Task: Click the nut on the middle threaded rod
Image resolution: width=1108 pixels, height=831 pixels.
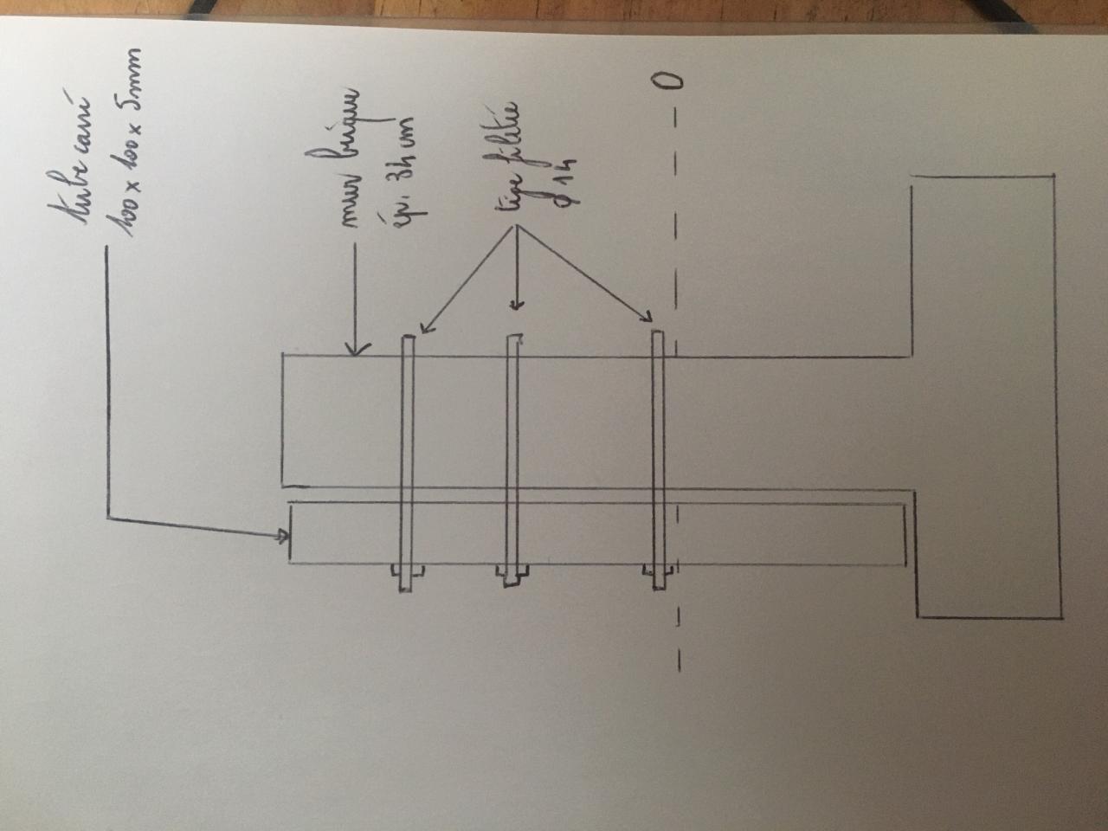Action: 512,572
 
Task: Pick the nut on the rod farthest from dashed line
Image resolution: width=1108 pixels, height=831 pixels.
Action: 408,572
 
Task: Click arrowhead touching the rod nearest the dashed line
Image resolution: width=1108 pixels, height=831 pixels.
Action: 647,319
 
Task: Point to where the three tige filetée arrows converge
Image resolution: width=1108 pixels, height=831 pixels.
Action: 516,230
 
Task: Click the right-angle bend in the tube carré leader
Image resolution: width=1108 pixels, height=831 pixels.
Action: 108,519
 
